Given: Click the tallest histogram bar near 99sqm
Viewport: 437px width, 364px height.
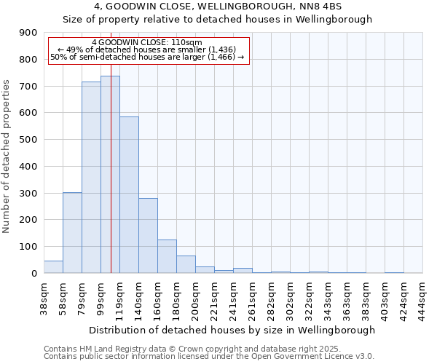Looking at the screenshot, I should [110, 175].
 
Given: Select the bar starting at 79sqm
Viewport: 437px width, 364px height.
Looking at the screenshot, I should [91, 178].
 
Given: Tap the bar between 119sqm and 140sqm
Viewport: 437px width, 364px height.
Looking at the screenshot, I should [129, 195].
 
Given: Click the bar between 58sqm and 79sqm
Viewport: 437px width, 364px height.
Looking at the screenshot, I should [72, 233].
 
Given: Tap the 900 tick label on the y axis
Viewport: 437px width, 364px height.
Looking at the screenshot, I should [28, 33].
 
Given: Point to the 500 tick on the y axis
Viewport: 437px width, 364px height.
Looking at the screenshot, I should [28, 140].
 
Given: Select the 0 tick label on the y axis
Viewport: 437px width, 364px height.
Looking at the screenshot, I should [34, 273].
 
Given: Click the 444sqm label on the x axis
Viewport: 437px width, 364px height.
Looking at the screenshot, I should [422, 298].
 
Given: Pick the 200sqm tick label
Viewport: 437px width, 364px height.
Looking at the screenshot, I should [195, 298].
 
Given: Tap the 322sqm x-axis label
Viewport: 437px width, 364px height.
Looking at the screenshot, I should [309, 298].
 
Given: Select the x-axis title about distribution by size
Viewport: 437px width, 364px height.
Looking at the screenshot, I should [233, 330].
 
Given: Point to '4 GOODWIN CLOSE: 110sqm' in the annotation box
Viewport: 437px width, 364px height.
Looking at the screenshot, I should [147, 42].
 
